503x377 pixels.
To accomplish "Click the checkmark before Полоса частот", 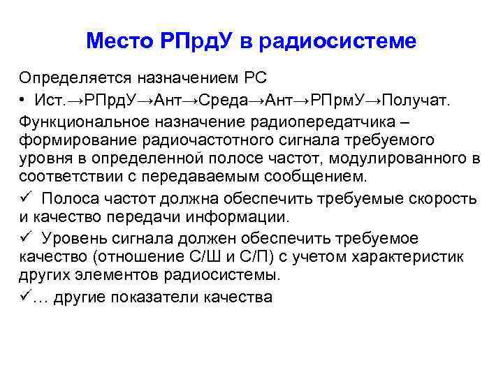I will (x=25, y=198).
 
